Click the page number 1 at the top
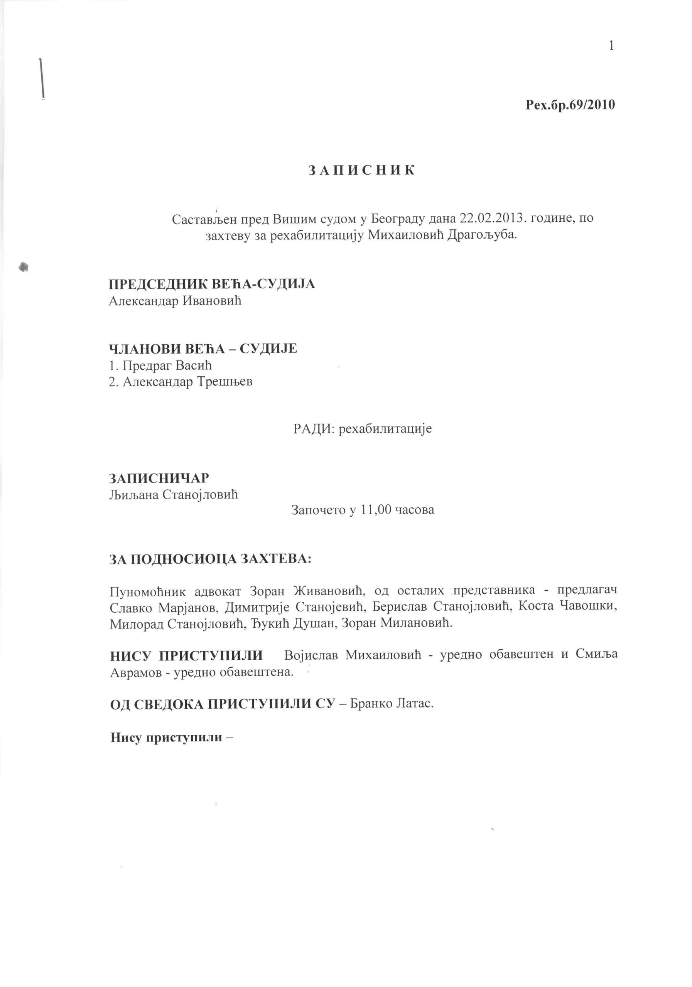[611, 45]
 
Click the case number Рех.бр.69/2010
[570, 105]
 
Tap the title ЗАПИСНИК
[362, 171]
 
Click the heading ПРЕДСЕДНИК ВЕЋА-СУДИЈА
[212, 284]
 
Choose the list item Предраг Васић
[167, 365]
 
